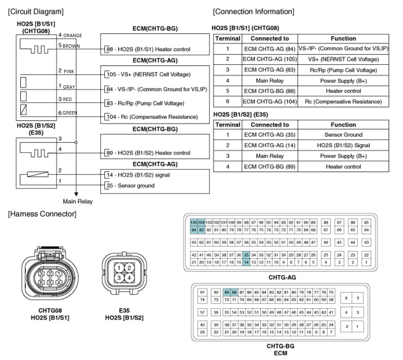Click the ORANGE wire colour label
coord(73,35)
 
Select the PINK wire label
coord(69,71)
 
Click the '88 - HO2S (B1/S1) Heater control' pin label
coord(148,49)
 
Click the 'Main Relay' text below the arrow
coord(78,202)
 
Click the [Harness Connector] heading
coord(42,214)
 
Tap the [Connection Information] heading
coord(253,11)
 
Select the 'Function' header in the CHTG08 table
coord(343,38)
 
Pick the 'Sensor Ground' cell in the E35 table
coord(343,135)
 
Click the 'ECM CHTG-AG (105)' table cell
coord(270,59)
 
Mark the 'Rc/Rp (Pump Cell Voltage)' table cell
coord(343,70)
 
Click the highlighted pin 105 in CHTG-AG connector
coord(194,222)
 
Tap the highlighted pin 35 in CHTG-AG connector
coord(246,255)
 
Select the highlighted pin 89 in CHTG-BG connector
coord(227,292)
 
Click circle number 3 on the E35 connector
coord(120,278)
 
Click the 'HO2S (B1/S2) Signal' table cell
coord(343,145)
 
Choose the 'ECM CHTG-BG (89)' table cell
coord(270,166)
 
